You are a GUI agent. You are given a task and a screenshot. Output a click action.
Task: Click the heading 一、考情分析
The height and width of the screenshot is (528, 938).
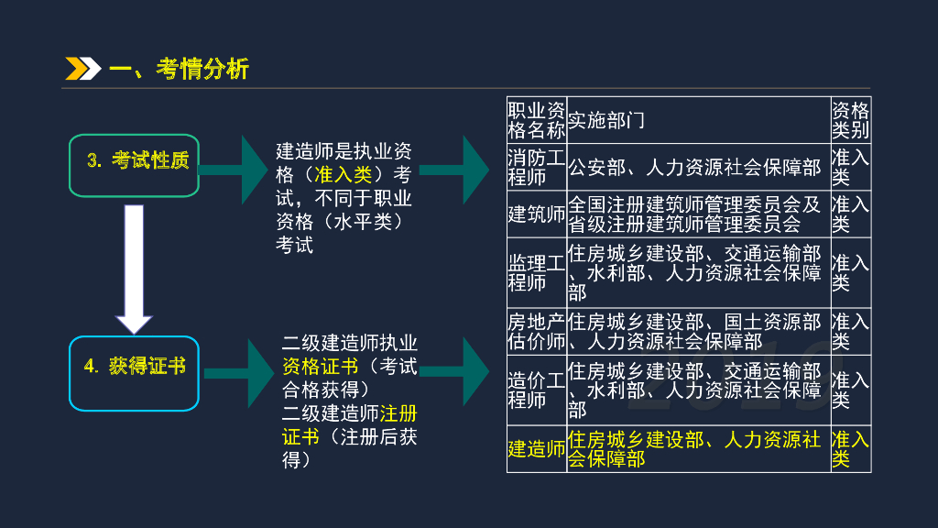tap(178, 69)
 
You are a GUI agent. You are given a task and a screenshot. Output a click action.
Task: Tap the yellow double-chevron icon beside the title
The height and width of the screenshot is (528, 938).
tap(82, 69)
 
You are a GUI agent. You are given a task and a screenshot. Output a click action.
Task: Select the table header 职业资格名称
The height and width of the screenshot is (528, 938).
tap(536, 120)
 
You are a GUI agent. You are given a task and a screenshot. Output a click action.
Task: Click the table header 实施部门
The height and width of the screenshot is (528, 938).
tap(606, 120)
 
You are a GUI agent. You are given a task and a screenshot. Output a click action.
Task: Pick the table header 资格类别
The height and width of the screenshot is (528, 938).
tap(850, 120)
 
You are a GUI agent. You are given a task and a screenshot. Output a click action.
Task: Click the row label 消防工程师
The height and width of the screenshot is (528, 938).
tap(536, 167)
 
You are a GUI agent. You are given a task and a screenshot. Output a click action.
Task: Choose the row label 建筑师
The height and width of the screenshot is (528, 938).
tap(536, 214)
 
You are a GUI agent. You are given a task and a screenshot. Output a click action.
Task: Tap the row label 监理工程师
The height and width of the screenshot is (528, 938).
tap(536, 272)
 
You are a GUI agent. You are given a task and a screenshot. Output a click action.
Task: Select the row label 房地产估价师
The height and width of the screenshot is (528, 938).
tap(536, 332)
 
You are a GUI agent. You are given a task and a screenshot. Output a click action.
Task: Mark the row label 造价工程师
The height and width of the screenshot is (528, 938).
tap(536, 390)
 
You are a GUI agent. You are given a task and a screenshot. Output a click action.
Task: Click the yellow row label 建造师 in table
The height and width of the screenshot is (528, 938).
tap(536, 449)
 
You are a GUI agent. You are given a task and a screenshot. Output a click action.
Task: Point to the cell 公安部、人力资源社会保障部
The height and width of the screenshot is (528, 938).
tap(694, 167)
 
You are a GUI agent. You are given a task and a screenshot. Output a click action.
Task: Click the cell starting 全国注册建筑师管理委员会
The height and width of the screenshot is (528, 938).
tap(694, 214)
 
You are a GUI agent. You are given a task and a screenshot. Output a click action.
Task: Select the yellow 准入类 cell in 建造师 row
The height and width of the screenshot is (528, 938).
tap(850, 449)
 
